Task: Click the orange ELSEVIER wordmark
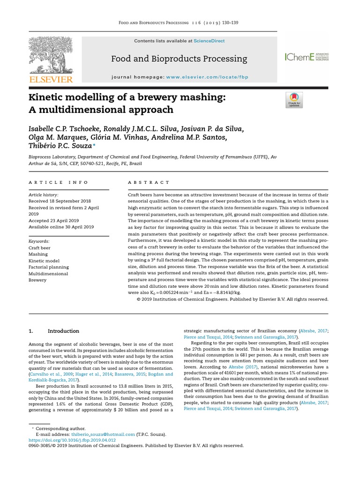coord(51,80)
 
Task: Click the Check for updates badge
coord(294,100)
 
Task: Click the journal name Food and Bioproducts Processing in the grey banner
coord(179,59)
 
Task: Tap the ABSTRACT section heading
coord(149,182)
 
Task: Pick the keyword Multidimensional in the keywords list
coord(48,273)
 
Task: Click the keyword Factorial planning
coord(48,267)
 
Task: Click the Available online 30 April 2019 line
coord(61,227)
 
